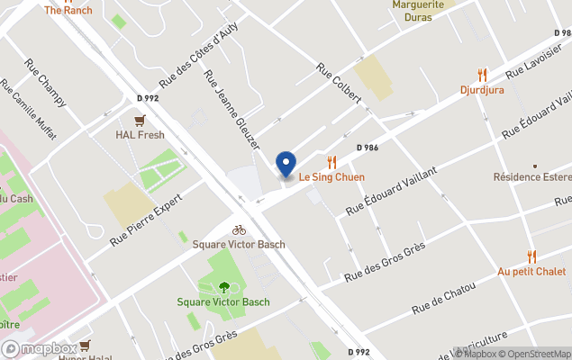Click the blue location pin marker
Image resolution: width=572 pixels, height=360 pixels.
(x=286, y=165)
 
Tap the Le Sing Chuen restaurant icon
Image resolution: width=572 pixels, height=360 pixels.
(x=331, y=162)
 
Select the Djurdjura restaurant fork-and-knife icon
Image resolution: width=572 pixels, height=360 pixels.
(x=482, y=76)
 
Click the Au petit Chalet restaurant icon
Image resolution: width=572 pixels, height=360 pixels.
(x=531, y=256)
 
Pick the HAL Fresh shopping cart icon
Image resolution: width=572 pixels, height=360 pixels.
(x=140, y=121)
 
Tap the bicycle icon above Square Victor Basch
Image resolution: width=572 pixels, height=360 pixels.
(x=239, y=230)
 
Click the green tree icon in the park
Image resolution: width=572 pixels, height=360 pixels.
(x=223, y=288)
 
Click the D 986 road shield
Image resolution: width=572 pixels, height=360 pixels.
(x=367, y=147)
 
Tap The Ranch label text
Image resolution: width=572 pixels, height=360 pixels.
(x=68, y=10)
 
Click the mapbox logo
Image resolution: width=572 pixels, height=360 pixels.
(x=39, y=348)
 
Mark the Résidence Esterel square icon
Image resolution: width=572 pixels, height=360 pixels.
(x=534, y=166)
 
